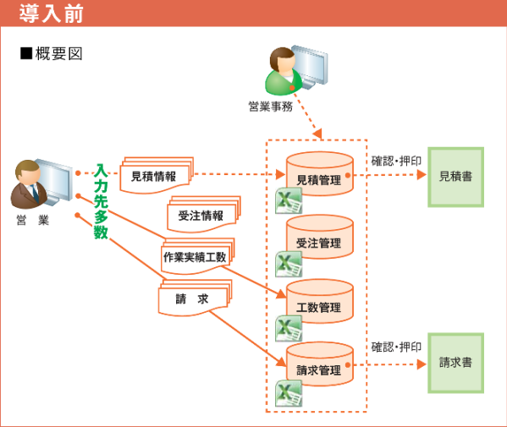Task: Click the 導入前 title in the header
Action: click(51, 14)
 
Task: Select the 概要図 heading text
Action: click(59, 53)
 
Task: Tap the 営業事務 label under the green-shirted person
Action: click(270, 107)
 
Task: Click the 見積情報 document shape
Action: click(157, 176)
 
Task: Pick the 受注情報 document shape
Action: click(204, 215)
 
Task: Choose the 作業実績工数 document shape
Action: click(197, 256)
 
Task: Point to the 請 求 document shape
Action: click(195, 298)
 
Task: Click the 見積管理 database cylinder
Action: click(319, 174)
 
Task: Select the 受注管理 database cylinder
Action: click(319, 237)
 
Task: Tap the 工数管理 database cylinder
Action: click(319, 301)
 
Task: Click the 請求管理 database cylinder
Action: click(319, 364)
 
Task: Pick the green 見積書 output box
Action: click(455, 177)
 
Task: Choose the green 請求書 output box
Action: click(455, 363)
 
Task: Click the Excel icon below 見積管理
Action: click(289, 200)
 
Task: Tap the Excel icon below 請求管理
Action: click(289, 393)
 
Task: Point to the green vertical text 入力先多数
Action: click(101, 201)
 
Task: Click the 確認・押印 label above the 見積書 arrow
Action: click(396, 161)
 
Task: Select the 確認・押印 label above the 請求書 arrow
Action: click(396, 348)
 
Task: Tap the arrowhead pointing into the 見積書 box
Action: click(422, 175)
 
